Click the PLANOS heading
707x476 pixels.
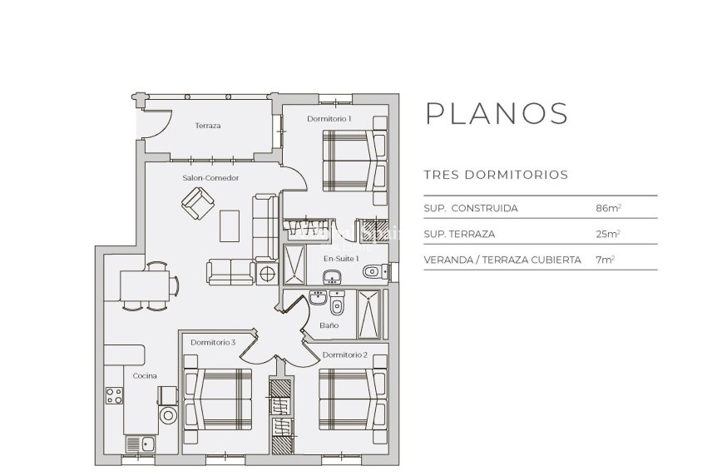pyautogui.click(x=497, y=113)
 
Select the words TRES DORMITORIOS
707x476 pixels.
pyautogui.click(x=496, y=175)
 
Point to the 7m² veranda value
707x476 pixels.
pyautogui.click(x=605, y=260)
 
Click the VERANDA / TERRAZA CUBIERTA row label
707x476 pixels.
pyautogui.click(x=502, y=260)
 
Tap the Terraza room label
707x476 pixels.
pyautogui.click(x=207, y=126)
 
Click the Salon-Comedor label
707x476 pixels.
pyautogui.click(x=210, y=178)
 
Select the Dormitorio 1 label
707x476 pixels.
pyautogui.click(x=329, y=119)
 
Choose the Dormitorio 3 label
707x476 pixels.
pyautogui.click(x=213, y=342)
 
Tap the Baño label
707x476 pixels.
pyautogui.click(x=329, y=325)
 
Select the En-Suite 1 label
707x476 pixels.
pyautogui.click(x=341, y=259)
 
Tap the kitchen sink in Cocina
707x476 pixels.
pyautogui.click(x=141, y=444)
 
